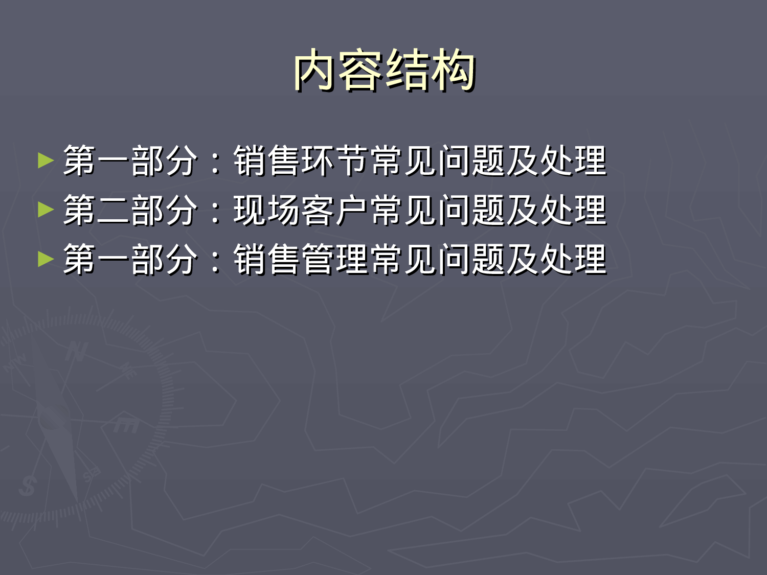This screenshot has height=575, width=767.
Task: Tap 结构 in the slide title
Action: tap(430, 71)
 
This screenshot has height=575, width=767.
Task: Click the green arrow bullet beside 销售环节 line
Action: tap(46, 160)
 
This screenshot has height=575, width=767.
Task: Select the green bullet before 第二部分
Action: tap(46, 210)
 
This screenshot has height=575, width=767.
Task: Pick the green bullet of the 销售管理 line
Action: tap(46, 259)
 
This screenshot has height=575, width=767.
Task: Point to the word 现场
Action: tap(267, 210)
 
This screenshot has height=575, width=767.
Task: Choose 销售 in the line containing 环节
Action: tap(267, 160)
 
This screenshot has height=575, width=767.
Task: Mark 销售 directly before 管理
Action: tap(267, 259)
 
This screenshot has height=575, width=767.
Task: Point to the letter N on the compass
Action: tap(76, 352)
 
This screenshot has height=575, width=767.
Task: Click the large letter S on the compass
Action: tap(27, 485)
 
